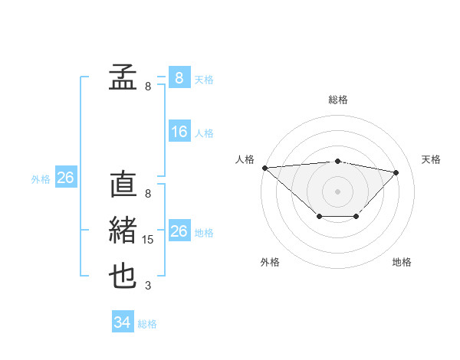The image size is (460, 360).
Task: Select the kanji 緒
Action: click(x=123, y=231)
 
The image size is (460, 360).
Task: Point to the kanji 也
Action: click(x=123, y=277)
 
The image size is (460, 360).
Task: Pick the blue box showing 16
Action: click(x=179, y=132)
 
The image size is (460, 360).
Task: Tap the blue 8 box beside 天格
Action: click(x=179, y=77)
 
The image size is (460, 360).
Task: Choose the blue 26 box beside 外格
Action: click(x=65, y=178)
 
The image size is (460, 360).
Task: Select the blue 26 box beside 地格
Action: click(x=179, y=231)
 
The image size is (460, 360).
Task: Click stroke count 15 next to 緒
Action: click(x=148, y=240)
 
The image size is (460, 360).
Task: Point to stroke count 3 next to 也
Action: click(x=148, y=286)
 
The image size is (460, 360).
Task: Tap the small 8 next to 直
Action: click(x=148, y=194)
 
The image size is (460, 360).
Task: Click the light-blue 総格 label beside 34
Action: click(x=147, y=324)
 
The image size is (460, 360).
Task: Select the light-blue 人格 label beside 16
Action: click(x=204, y=133)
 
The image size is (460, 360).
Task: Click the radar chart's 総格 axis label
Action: click(x=338, y=100)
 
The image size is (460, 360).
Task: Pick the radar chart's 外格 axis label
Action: click(x=270, y=262)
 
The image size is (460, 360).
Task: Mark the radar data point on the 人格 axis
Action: click(x=264, y=167)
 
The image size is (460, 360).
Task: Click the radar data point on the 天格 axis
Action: click(x=396, y=172)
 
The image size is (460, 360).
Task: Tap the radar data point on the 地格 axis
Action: click(x=356, y=217)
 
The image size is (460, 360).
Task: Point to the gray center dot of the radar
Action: click(x=338, y=191)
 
